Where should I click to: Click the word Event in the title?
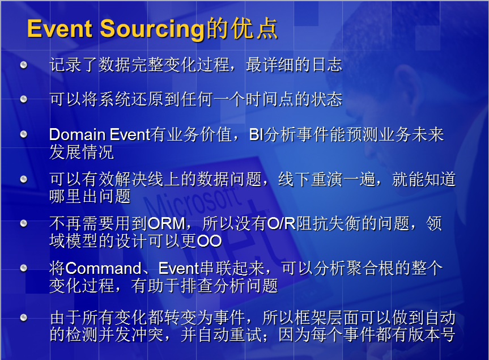[59, 29]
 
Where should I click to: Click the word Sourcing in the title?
[152, 30]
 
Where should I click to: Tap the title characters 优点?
[254, 29]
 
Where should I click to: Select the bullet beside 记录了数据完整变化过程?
[23, 65]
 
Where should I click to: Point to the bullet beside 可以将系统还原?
[23, 99]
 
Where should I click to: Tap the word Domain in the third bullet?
[77, 134]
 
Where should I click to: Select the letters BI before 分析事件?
[256, 135]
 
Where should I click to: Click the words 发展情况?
[82, 152]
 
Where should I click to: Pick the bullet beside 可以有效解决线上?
[23, 179]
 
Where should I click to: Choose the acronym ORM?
[167, 223]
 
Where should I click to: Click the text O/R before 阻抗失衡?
[281, 223]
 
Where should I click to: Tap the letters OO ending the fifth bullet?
[209, 241]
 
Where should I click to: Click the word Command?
[104, 269]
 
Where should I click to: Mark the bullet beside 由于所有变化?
[23, 317]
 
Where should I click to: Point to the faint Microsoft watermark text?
[191, 200]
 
